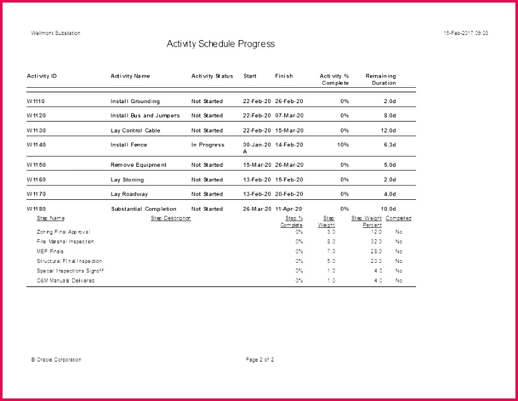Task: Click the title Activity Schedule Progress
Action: click(220, 44)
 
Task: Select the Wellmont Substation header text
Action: click(55, 33)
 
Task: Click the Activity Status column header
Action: click(212, 76)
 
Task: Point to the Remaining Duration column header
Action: click(380, 80)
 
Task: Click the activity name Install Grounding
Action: click(135, 102)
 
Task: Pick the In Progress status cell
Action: click(208, 145)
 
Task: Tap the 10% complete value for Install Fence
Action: click(343, 145)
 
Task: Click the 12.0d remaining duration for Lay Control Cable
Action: click(388, 130)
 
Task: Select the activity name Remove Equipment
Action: click(138, 165)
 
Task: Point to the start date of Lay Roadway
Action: click(257, 194)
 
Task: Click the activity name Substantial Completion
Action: click(143, 209)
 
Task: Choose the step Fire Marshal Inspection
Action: click(65, 242)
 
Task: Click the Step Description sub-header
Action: click(171, 218)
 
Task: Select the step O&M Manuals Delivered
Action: click(66, 281)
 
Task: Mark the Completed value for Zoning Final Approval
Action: click(399, 232)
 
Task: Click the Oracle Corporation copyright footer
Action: click(56, 360)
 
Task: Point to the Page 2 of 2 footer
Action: click(260, 360)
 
